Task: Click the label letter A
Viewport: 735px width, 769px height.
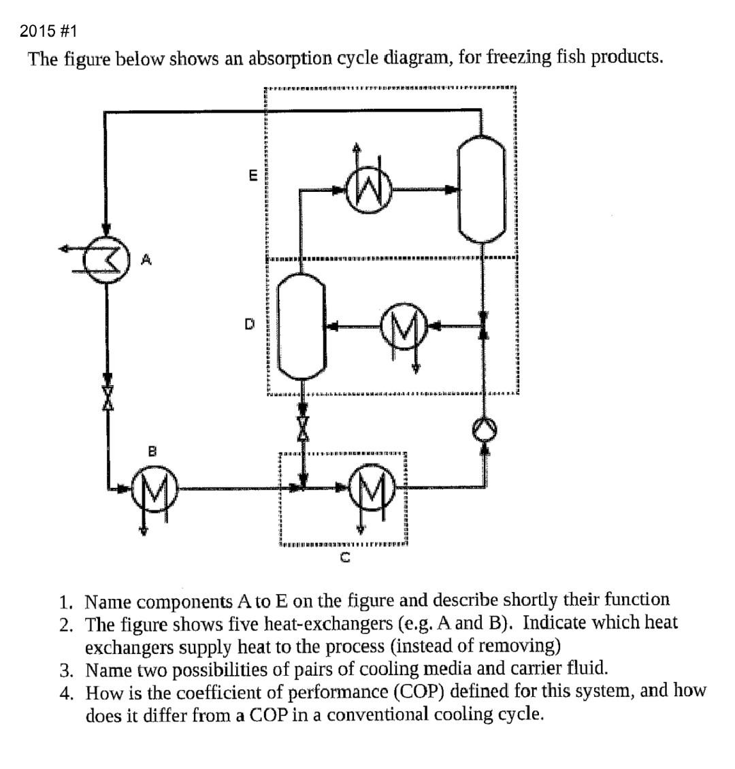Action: click(146, 259)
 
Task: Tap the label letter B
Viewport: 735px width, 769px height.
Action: click(153, 450)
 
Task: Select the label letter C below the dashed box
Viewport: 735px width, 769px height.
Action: click(345, 559)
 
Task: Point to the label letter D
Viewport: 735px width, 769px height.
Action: click(250, 325)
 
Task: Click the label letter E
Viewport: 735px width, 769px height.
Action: click(252, 176)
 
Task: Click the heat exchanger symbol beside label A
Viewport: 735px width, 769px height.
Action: click(108, 257)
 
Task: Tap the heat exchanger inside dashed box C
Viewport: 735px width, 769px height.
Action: click(369, 488)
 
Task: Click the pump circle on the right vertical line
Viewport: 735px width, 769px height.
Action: click(484, 427)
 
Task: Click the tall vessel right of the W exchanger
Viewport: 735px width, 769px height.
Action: click(483, 184)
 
